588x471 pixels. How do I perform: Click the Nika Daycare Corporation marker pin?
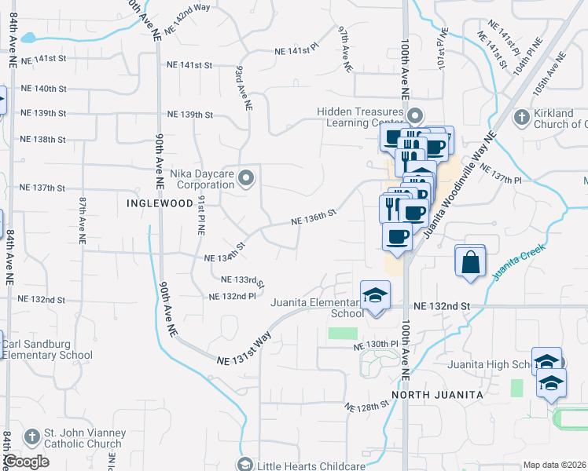click(247, 180)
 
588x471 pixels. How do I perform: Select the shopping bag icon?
click(469, 262)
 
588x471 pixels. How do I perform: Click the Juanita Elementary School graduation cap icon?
click(375, 296)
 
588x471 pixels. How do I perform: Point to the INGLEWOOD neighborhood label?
click(160, 203)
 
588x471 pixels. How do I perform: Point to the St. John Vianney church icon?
click(31, 436)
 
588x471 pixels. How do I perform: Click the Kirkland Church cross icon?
click(520, 118)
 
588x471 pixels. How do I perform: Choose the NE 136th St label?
click(314, 217)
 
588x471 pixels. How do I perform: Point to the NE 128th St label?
click(367, 406)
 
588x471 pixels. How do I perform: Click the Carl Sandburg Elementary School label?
click(47, 349)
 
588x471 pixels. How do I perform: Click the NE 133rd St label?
click(242, 279)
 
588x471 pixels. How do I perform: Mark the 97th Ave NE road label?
click(344, 49)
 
